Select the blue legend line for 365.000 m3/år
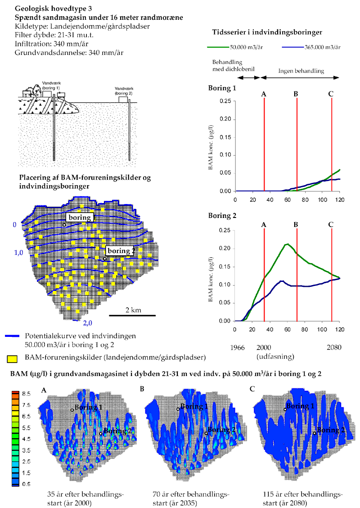[292, 47]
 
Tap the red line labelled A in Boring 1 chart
[264, 144]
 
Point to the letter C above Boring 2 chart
[331, 224]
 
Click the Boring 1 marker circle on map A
[72, 410]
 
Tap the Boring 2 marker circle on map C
[314, 433]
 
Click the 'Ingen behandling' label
[301, 71]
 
